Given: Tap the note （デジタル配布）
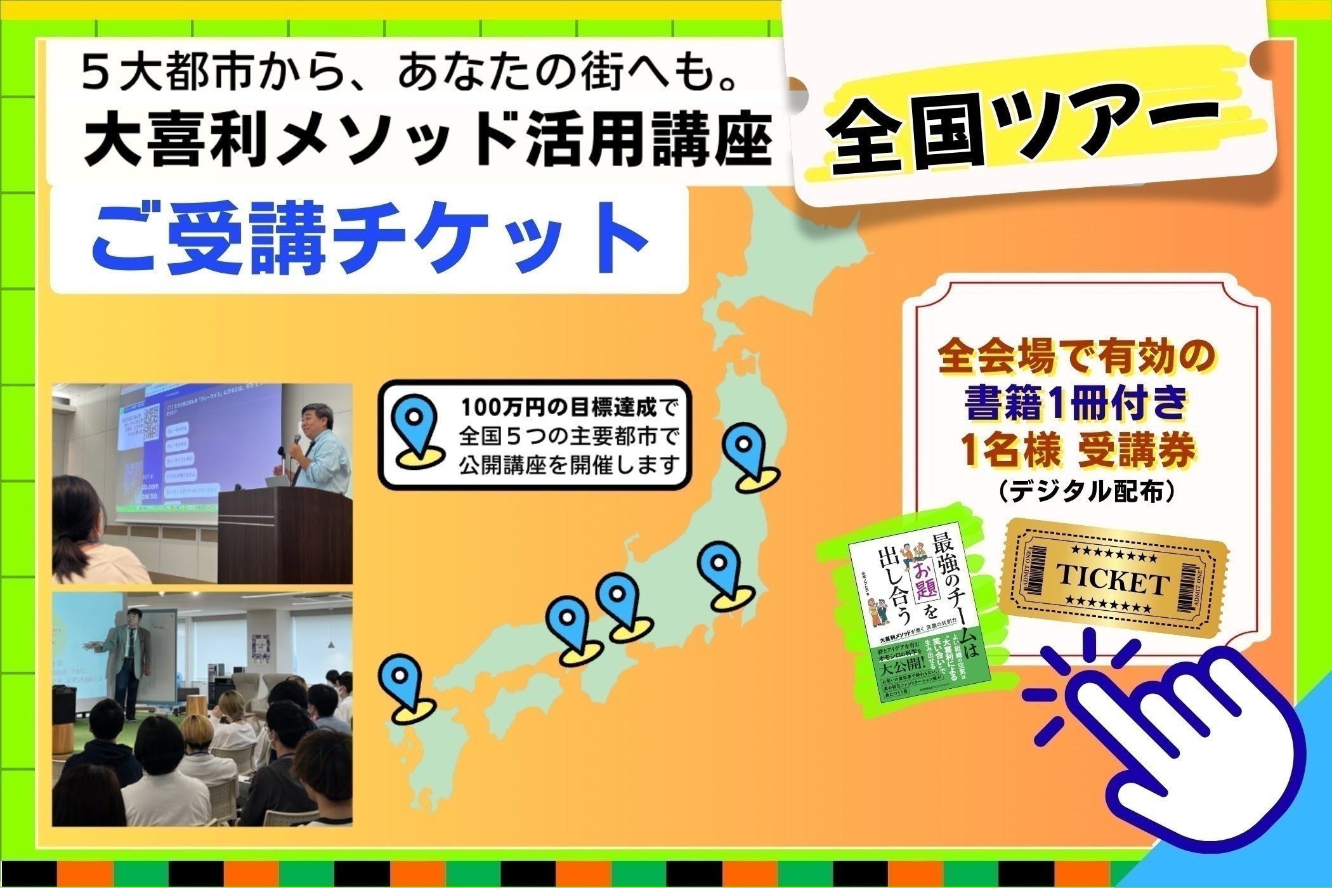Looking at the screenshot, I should pyautogui.click(x=1079, y=492).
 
